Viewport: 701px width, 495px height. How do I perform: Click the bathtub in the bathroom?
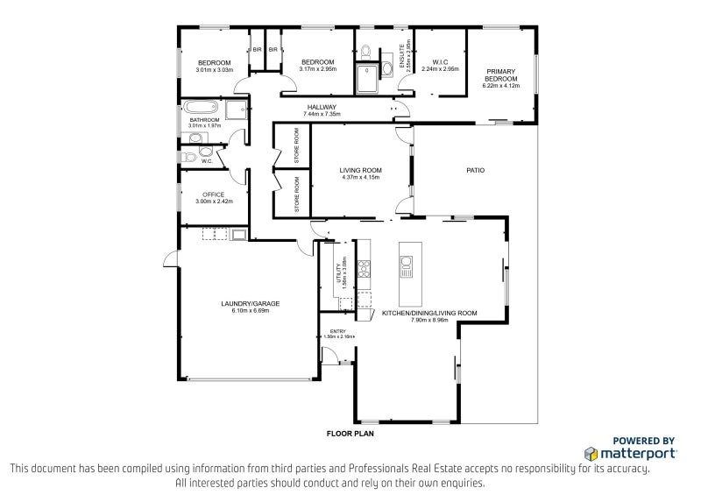(x=200, y=109)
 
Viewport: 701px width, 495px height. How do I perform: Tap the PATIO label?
(x=475, y=170)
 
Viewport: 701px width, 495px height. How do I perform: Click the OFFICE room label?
(x=213, y=194)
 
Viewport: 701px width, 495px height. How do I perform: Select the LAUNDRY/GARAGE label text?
(x=244, y=304)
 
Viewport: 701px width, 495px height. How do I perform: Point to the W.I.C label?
(x=440, y=61)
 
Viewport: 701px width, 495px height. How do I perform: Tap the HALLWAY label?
(x=320, y=108)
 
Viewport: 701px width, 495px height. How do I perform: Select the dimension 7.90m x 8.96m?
(x=429, y=320)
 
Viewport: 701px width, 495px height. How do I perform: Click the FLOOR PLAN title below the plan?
(x=350, y=434)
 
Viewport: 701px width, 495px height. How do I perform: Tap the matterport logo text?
(x=637, y=454)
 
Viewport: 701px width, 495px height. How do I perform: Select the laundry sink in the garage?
(x=238, y=234)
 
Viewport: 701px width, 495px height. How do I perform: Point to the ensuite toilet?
(x=366, y=49)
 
